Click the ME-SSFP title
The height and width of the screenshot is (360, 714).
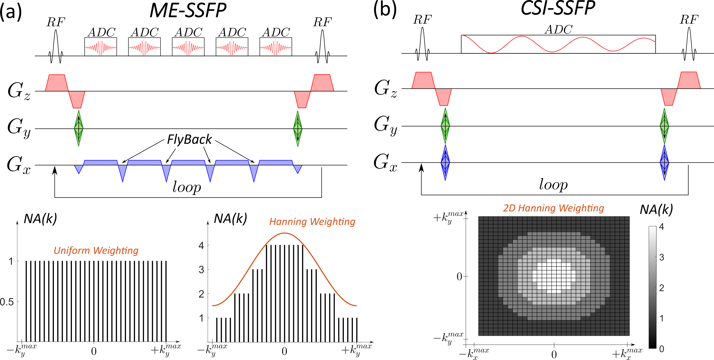[188, 10]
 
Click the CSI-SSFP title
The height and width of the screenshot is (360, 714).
[558, 8]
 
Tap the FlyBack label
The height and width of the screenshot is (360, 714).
[189, 139]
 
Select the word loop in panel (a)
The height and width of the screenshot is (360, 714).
[187, 187]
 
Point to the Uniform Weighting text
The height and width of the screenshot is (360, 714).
[96, 250]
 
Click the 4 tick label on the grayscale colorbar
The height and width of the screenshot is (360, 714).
[662, 227]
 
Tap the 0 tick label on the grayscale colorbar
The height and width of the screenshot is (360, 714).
[662, 349]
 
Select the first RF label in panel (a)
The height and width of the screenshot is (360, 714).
[56, 22]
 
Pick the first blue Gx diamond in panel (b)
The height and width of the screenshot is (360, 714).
[445, 162]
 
